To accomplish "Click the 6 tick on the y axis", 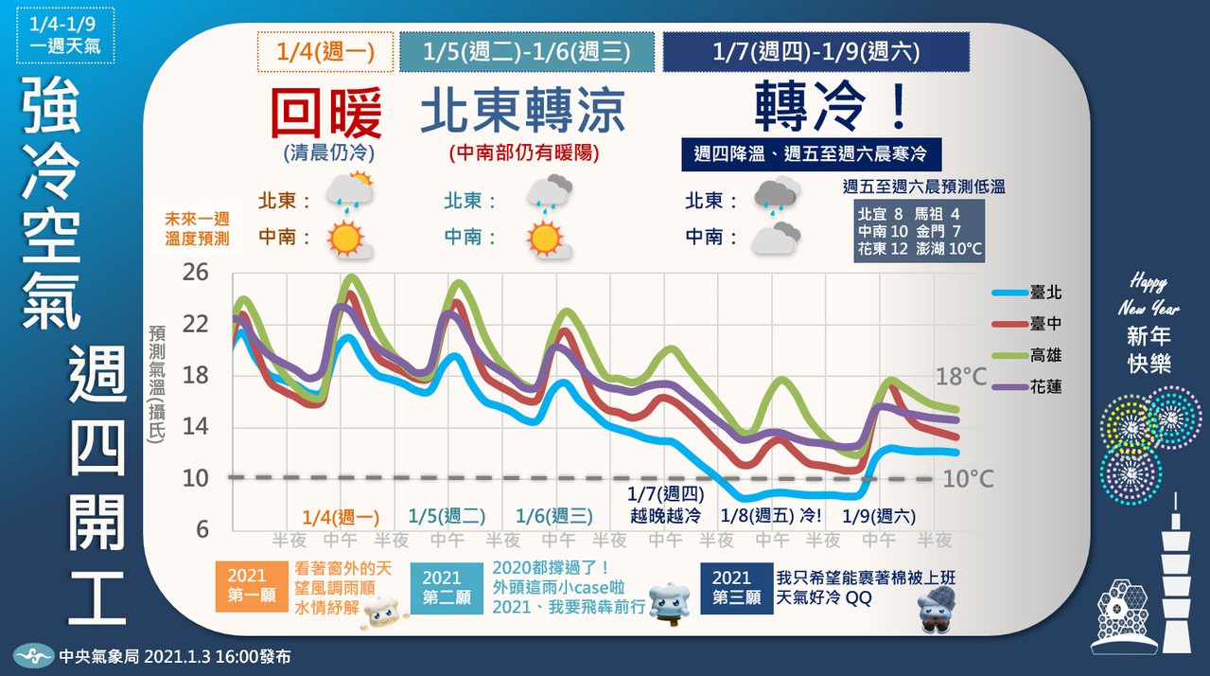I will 202,529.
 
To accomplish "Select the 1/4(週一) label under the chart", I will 341,517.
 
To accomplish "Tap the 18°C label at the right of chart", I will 960,376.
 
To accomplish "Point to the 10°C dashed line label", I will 968,479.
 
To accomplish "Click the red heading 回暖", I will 326,114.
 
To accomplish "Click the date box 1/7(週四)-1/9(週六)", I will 815,52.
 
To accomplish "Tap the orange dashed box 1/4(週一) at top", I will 325,52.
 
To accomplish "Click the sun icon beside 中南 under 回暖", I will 347,239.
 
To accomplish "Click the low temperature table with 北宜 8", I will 919,230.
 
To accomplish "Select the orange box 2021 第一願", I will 247,587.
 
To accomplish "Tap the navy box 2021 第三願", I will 731,587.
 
